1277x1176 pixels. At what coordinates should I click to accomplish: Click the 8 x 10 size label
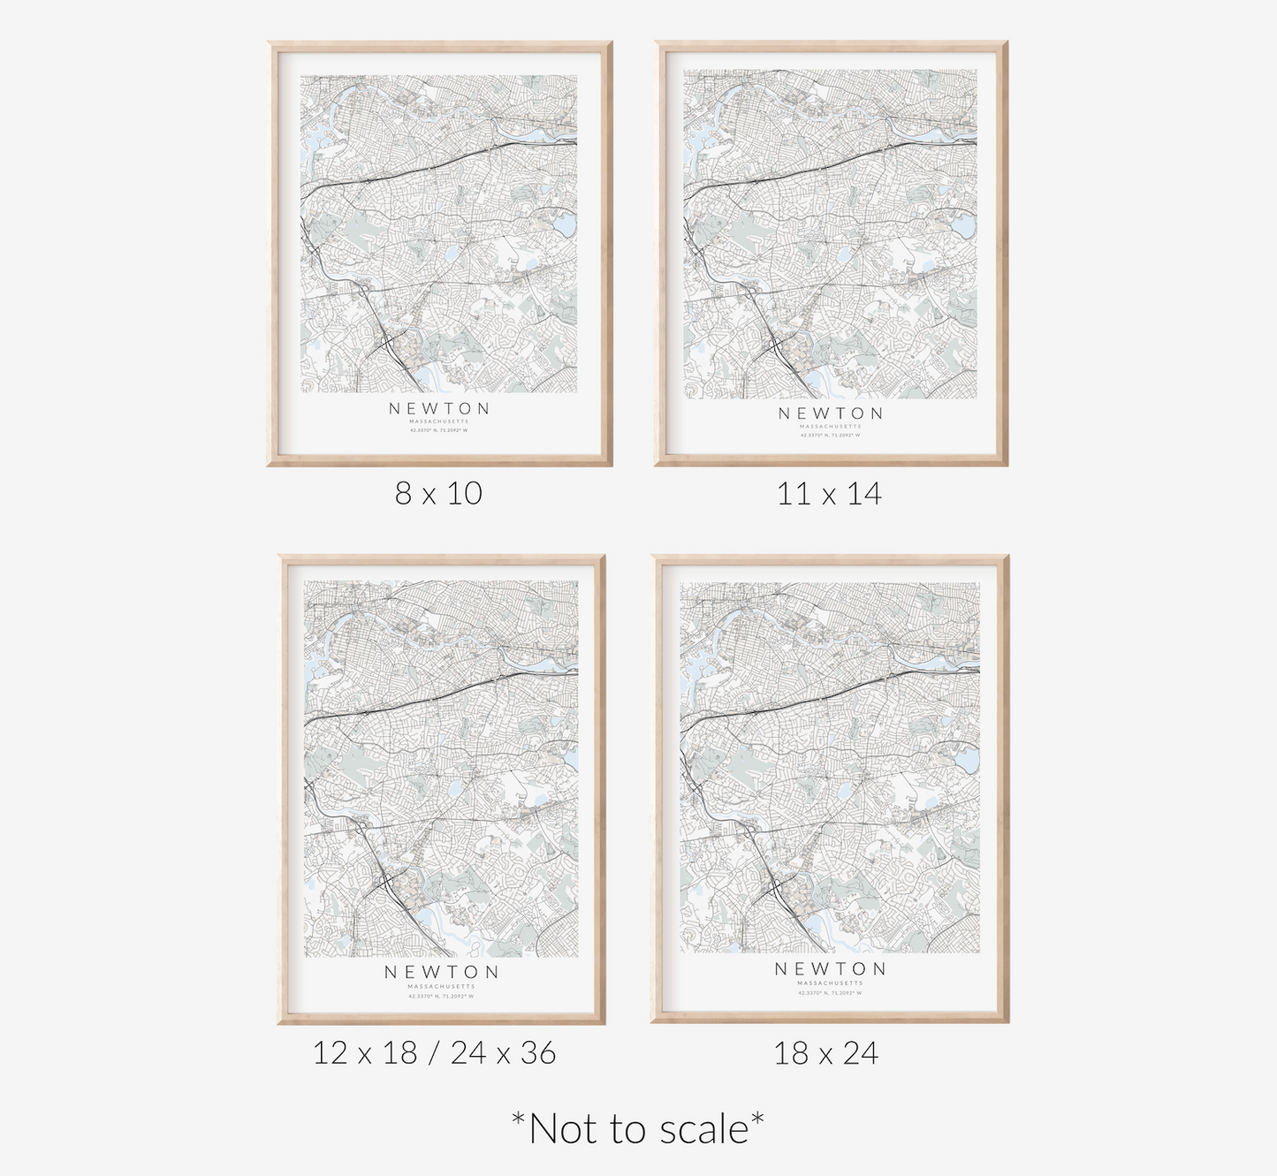pos(438,493)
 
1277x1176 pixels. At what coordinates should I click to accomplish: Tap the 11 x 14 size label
pos(829,493)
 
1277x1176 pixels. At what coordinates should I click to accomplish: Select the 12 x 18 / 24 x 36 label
pos(434,1052)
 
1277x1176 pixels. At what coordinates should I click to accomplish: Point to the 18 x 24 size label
pos(826,1053)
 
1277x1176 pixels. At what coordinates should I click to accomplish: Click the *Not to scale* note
pos(638,1128)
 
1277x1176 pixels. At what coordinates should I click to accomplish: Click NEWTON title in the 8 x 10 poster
pos(439,408)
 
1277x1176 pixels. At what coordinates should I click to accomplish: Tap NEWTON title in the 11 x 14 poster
pos(830,413)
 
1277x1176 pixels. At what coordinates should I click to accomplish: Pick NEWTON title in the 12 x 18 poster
pos(441,971)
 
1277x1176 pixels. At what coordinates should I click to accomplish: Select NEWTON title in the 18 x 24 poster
pos(830,968)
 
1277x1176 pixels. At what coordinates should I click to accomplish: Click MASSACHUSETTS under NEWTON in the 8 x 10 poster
pos(439,421)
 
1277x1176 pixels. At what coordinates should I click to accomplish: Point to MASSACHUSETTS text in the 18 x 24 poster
pos(830,983)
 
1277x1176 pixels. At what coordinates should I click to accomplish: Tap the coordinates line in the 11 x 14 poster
pos(830,435)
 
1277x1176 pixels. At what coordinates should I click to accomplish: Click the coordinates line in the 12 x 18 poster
pos(441,996)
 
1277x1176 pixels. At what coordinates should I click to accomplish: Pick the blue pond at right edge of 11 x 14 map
pos(962,227)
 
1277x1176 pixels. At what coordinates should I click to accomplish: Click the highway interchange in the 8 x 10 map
pos(388,344)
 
